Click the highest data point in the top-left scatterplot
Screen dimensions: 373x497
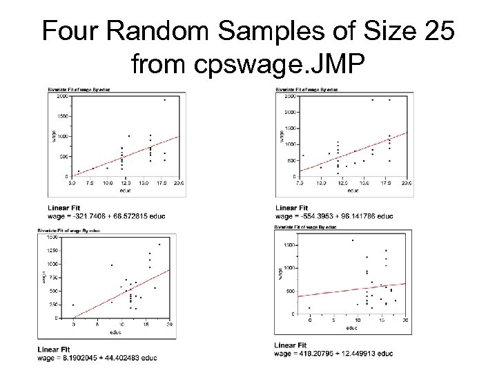point(164,99)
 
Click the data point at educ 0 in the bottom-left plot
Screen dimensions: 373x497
point(73,305)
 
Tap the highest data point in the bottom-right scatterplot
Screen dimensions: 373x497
point(352,240)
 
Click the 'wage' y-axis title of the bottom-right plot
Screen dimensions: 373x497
point(281,273)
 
